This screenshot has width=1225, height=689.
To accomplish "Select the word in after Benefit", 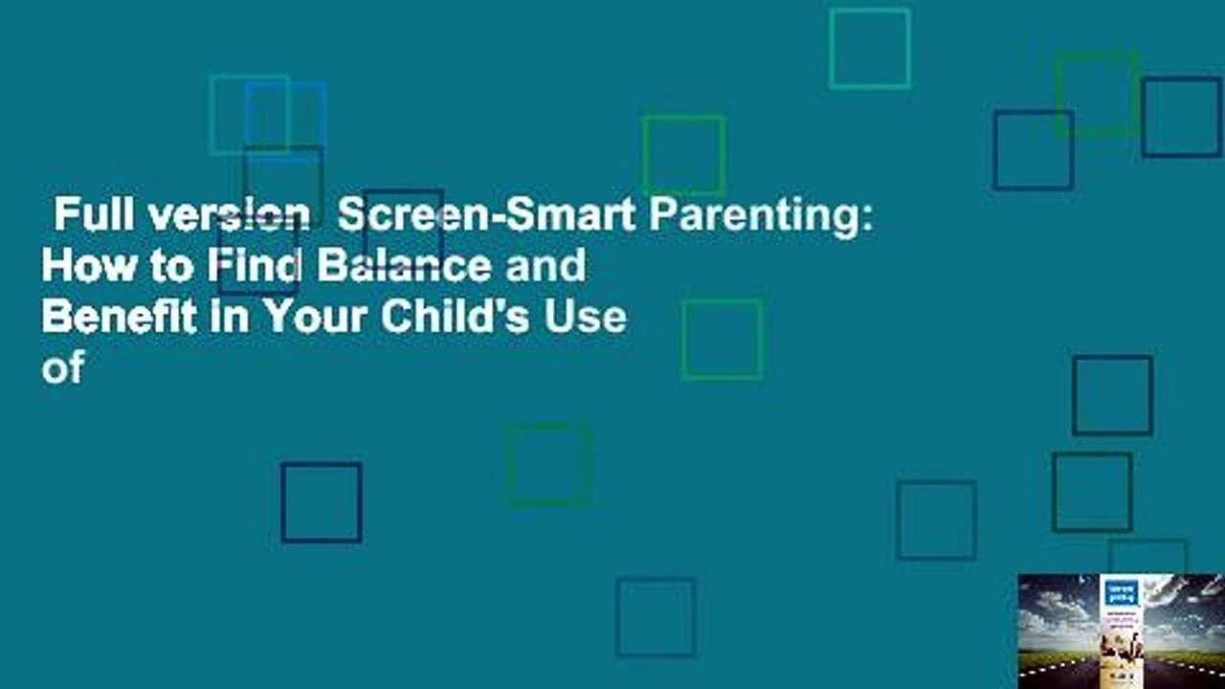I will (x=223, y=316).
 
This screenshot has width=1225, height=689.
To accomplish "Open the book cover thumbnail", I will (x=1121, y=631).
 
